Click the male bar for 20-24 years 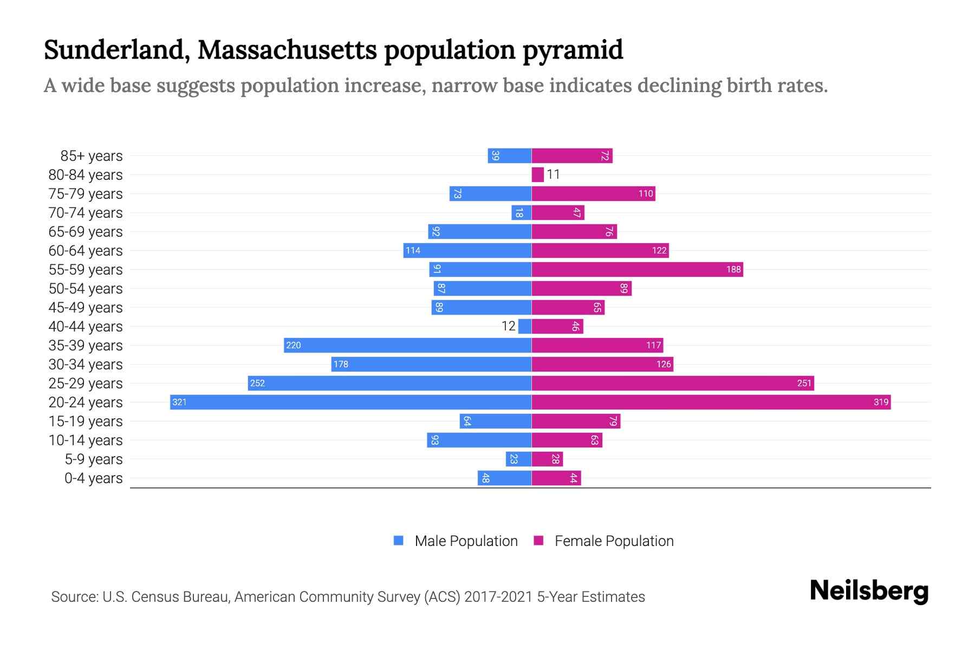(350, 402)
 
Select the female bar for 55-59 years (637, 269)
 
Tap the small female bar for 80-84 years (537, 174)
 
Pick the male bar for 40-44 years (525, 326)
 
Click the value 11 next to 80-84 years (553, 174)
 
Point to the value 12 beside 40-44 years (508, 326)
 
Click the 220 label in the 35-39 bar (293, 345)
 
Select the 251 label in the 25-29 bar (804, 383)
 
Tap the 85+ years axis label (92, 156)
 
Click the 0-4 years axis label (93, 478)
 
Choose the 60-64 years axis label (86, 251)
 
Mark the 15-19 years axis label (86, 421)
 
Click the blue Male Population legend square (399, 541)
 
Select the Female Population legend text (614, 541)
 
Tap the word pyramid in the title (573, 50)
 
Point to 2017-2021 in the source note (498, 597)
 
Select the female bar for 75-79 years (593, 193)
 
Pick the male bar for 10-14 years (479, 440)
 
